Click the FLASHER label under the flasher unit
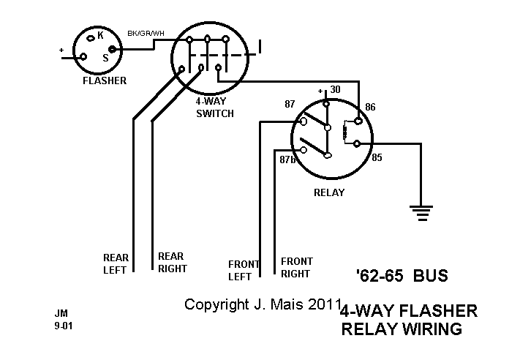point(104,81)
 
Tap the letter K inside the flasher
point(100,35)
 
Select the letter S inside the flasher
point(105,57)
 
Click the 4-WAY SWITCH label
point(215,108)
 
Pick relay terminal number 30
point(336,90)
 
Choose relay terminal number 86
point(370,108)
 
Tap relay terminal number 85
point(377,157)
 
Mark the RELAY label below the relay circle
point(328,192)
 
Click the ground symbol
point(420,213)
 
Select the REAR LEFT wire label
point(115,263)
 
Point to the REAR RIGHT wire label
point(172,263)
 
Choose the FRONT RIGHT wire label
point(296,267)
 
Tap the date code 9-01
point(63,326)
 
